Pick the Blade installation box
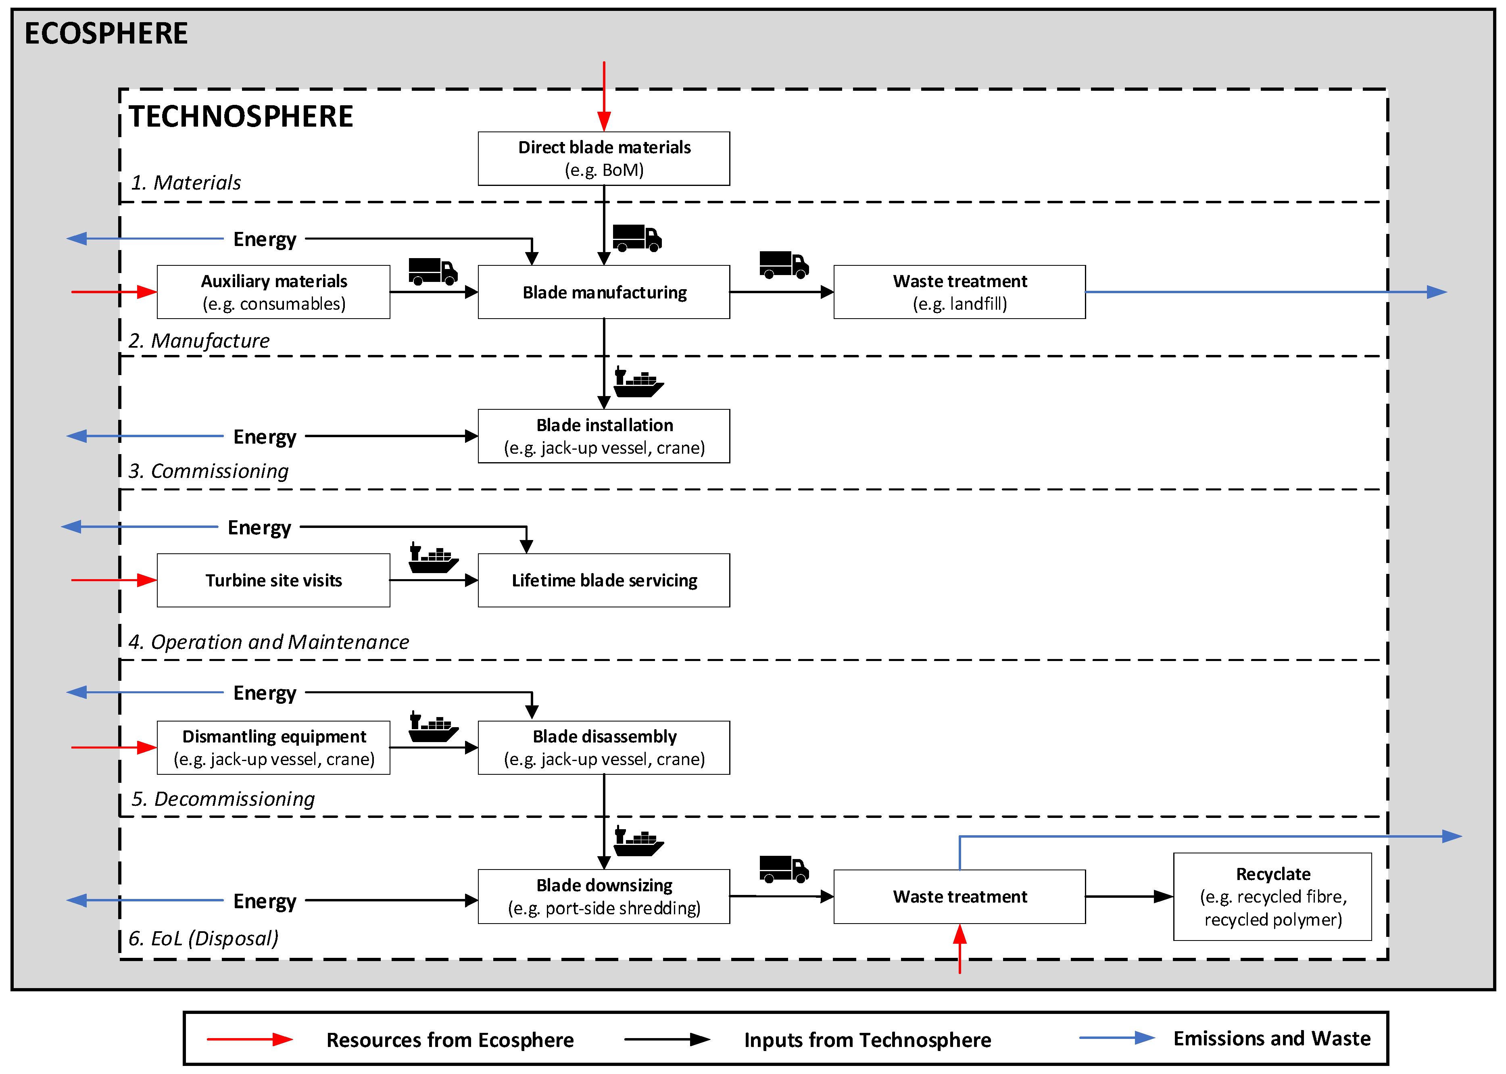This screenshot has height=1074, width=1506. [603, 436]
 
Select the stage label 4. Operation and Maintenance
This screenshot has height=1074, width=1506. [269, 642]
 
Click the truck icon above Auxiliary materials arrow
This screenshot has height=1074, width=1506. [432, 271]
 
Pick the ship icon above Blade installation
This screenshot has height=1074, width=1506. [638, 382]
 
